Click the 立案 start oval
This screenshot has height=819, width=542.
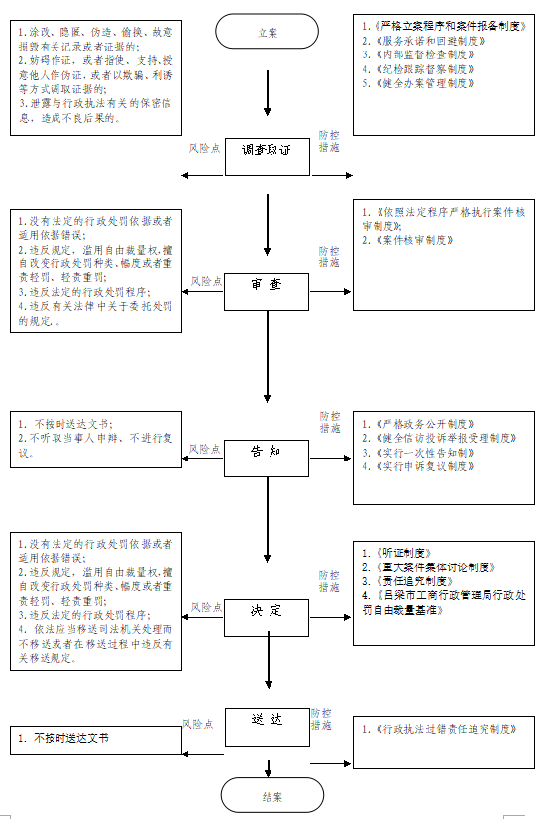(x=268, y=32)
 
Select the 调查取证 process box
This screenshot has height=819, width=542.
(x=268, y=151)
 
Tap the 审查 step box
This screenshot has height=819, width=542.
(x=268, y=284)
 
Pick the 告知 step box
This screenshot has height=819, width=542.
(x=268, y=451)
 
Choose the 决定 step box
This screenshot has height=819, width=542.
(x=268, y=611)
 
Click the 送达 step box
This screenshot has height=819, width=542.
(x=268, y=720)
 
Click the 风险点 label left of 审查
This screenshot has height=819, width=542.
(x=205, y=282)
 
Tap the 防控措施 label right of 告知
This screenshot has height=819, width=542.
(x=329, y=422)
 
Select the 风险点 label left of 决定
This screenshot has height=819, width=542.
(x=205, y=606)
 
